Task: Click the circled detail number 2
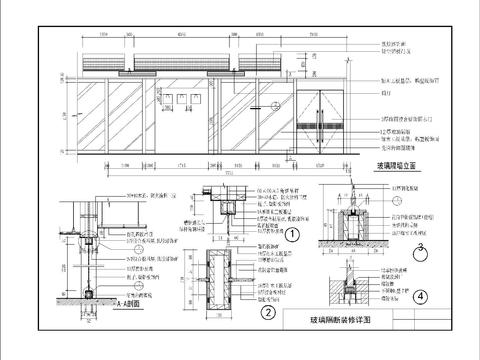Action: pos(268,312)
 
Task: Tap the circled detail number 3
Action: pos(422,246)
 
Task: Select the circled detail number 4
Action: pos(422,296)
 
